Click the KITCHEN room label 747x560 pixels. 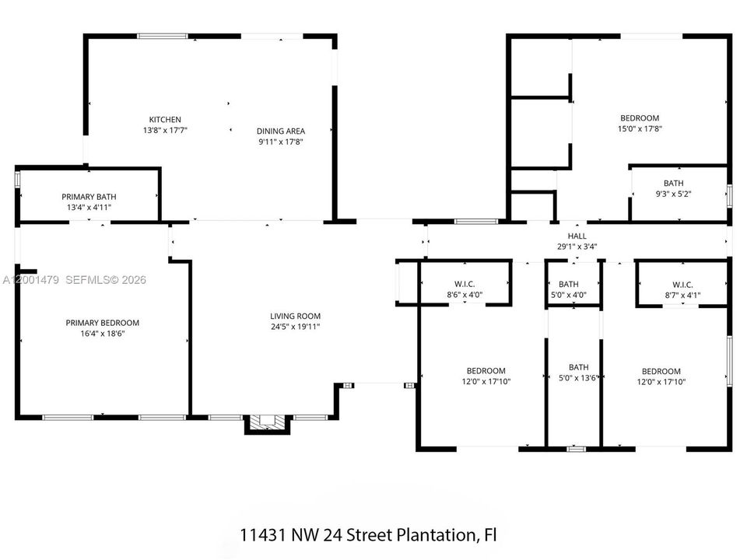(165, 120)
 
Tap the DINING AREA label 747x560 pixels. (281, 131)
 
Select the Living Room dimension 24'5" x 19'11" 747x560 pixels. (295, 327)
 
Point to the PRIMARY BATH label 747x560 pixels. (89, 197)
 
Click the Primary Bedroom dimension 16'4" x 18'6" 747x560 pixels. (103, 334)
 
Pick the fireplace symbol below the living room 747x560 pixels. (267, 423)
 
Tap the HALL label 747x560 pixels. (577, 236)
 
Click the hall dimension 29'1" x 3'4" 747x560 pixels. (577, 247)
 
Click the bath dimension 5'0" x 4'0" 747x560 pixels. (568, 296)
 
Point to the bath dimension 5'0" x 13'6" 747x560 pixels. (578, 378)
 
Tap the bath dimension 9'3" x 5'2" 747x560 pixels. (673, 194)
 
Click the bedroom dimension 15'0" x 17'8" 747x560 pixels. (640, 128)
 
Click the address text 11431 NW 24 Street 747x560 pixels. (317, 535)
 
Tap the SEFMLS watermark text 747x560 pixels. (88, 279)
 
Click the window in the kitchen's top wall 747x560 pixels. (163, 36)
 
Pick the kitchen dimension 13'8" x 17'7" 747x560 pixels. (165, 130)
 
